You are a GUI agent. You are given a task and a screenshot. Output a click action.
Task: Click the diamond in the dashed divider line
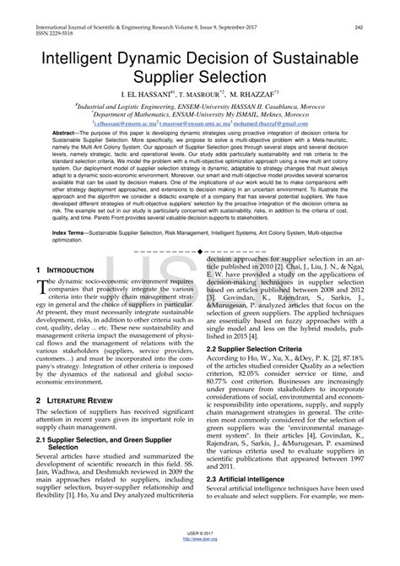199,252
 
